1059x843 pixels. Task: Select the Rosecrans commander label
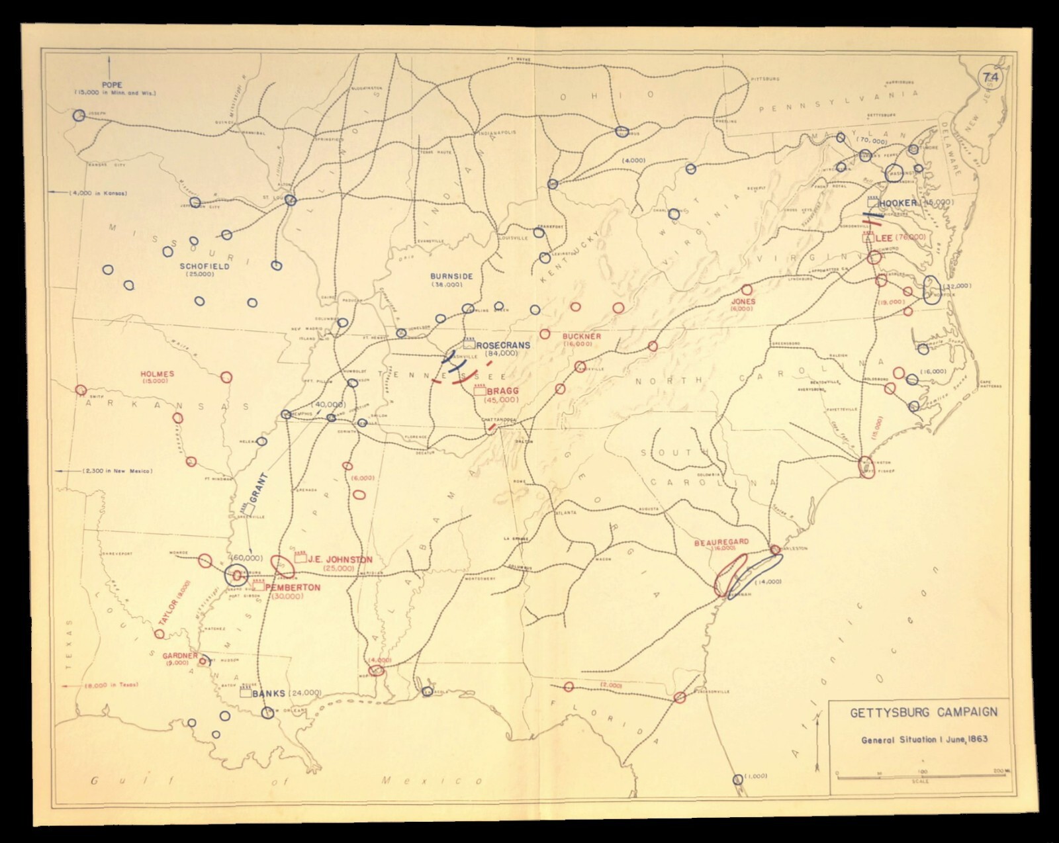tap(502, 345)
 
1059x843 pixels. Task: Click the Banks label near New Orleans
tap(269, 693)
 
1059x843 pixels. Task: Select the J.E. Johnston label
tap(341, 559)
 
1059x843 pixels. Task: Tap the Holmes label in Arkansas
tap(158, 374)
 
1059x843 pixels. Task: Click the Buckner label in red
tap(582, 336)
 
